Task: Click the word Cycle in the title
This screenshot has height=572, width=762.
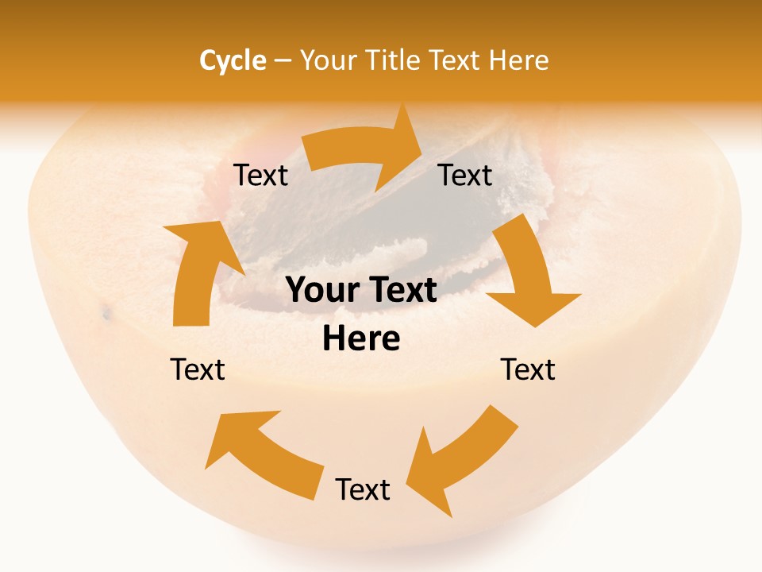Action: [233, 60]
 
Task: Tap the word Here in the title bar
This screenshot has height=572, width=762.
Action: [519, 60]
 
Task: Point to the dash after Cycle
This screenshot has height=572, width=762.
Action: [283, 61]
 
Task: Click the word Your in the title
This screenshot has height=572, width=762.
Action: [325, 60]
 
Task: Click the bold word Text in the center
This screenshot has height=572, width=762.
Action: [401, 291]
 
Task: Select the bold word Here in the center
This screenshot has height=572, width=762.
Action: [361, 339]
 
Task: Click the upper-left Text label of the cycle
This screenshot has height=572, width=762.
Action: [261, 176]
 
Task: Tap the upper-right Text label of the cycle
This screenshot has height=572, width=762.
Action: [465, 176]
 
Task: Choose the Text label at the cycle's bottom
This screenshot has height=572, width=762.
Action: [363, 489]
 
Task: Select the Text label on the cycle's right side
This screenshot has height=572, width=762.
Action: [528, 369]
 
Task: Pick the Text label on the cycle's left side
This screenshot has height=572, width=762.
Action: [198, 369]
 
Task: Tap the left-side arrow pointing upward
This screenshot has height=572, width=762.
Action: [194, 270]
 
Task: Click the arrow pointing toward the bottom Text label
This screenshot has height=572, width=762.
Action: [460, 453]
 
